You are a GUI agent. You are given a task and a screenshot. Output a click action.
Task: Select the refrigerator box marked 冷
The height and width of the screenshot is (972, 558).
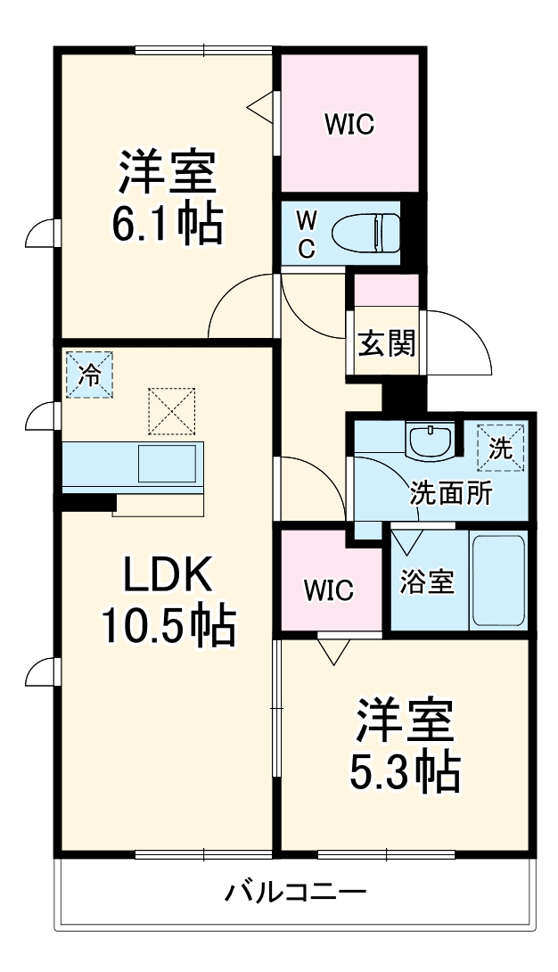point(89,375)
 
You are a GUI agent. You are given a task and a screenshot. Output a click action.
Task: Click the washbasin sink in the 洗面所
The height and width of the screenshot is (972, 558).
point(430,440)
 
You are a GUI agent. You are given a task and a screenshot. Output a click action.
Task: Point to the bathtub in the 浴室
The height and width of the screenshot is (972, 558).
point(498,581)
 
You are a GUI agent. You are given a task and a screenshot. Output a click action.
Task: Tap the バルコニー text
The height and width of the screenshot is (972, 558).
point(295,892)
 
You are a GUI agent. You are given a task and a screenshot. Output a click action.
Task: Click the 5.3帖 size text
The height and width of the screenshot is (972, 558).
point(404,772)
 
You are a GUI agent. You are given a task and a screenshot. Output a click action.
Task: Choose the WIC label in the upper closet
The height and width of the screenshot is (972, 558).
point(349,125)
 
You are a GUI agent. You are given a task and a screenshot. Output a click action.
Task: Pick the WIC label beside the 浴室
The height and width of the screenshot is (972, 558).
point(328,589)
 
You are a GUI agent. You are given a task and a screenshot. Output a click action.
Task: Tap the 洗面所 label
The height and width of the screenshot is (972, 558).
point(451,494)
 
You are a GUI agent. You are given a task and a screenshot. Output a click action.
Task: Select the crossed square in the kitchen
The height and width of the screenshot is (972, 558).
point(171,410)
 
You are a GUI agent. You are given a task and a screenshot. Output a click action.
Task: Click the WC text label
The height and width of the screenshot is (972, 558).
point(306,234)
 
